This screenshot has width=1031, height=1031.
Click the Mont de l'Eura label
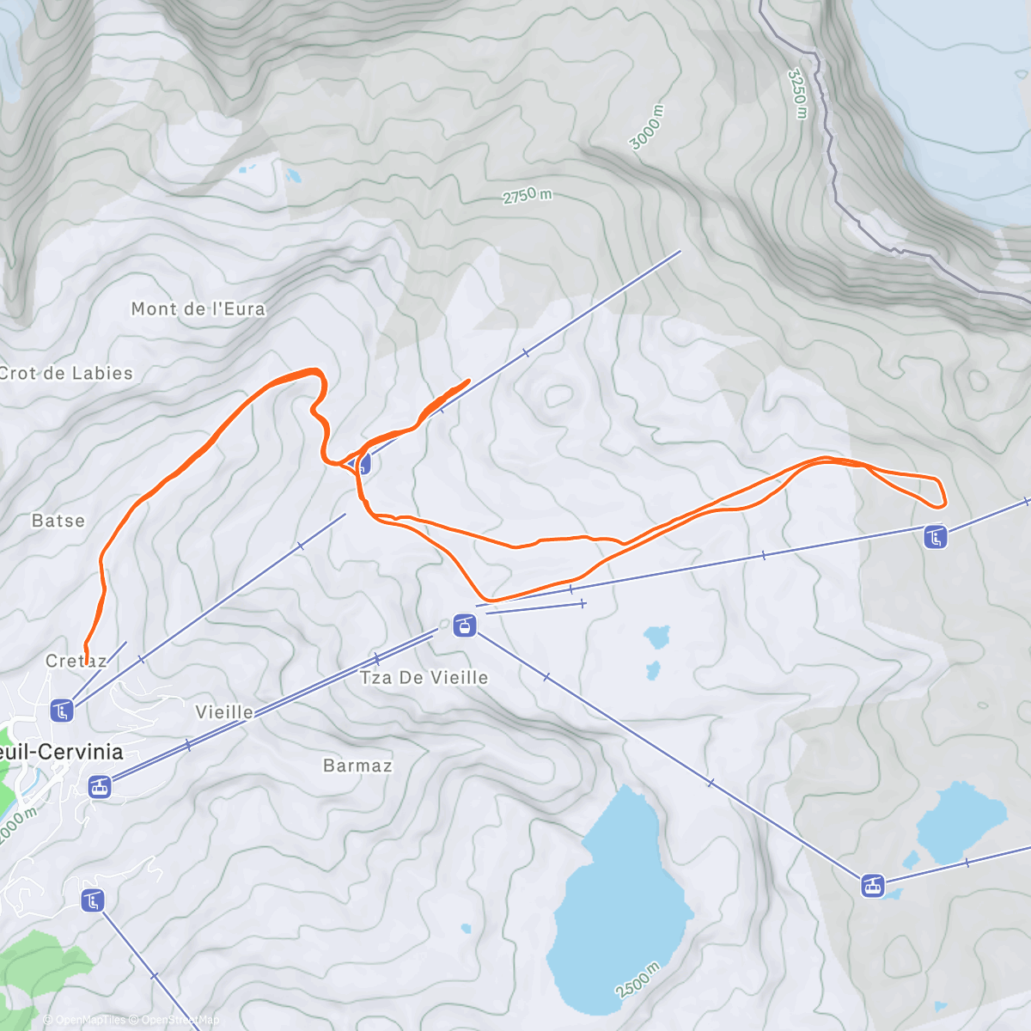(198, 309)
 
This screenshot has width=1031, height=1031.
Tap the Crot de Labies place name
(66, 374)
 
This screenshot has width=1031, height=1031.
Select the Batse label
(58, 521)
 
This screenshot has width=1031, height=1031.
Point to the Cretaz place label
(76, 661)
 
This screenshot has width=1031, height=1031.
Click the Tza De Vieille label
(424, 678)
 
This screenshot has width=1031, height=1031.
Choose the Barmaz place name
(357, 766)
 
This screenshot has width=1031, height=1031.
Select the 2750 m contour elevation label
(527, 196)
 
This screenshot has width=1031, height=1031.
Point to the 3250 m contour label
(798, 93)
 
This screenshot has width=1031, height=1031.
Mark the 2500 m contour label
(638, 979)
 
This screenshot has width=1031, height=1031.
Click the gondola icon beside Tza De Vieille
(465, 625)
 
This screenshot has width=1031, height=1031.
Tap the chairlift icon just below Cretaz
(61, 711)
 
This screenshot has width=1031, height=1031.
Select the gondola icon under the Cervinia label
(101, 786)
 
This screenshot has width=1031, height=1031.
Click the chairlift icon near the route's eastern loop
(936, 538)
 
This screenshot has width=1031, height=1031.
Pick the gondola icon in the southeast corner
(873, 886)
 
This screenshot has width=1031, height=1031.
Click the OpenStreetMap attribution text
(180, 1021)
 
